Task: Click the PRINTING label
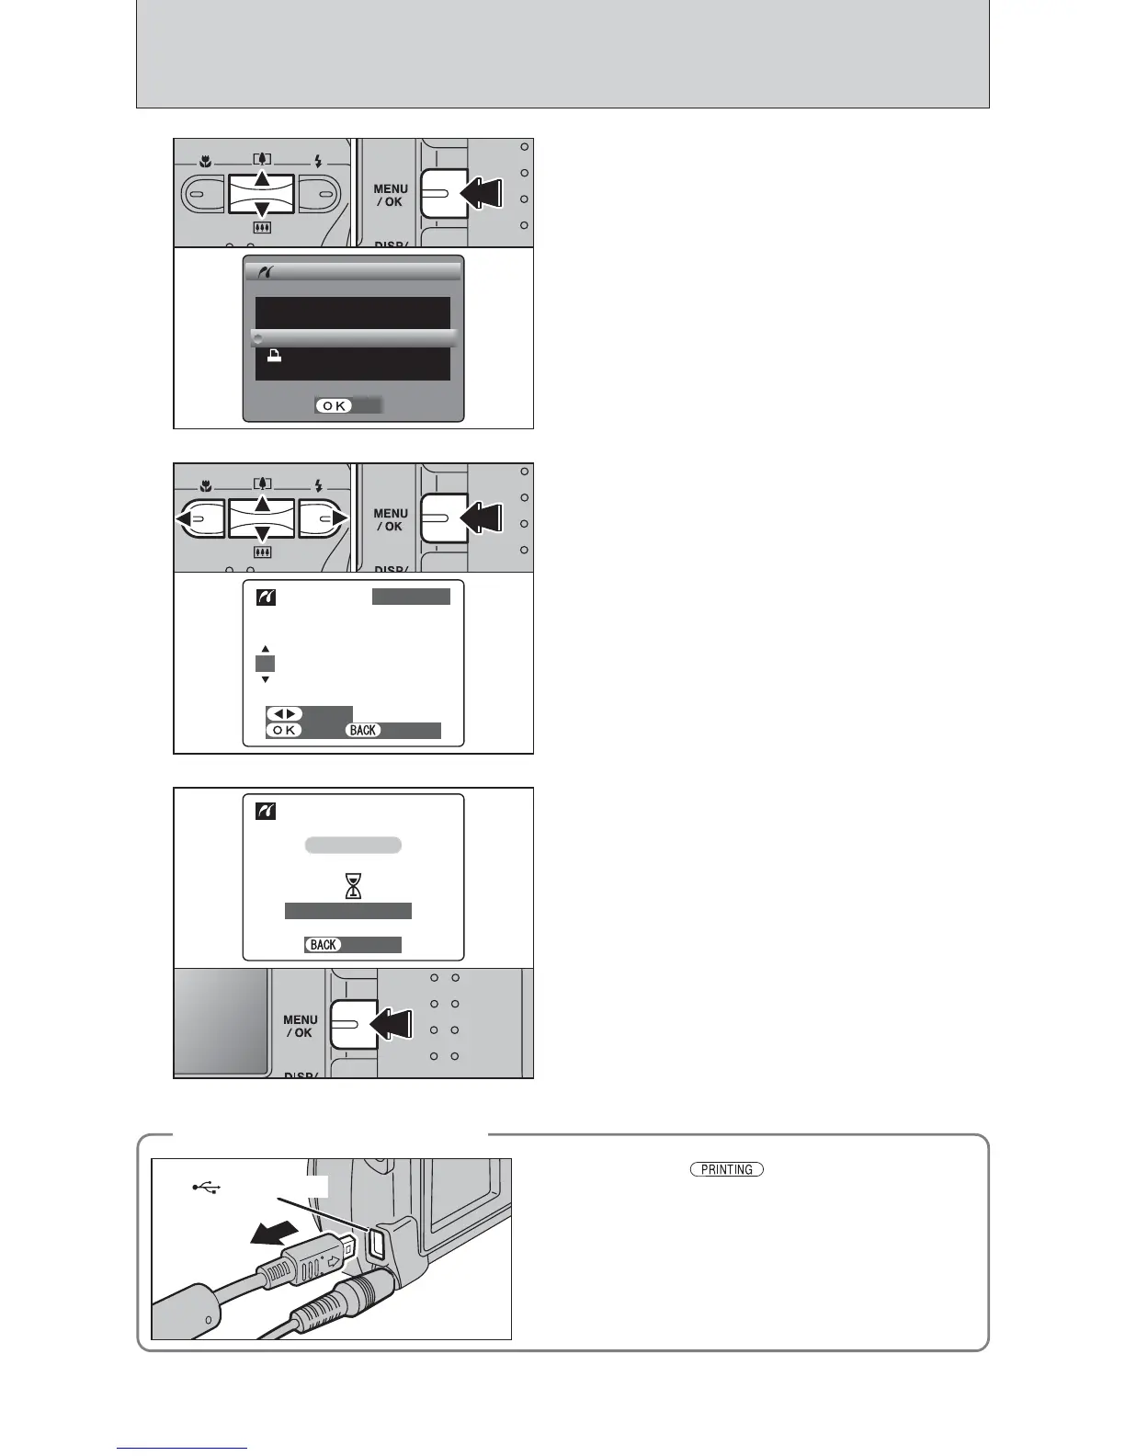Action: (x=726, y=1169)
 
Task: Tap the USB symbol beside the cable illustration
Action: (x=207, y=1188)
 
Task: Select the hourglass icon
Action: (x=353, y=885)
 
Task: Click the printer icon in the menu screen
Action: (x=273, y=357)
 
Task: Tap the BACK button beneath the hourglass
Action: (x=324, y=945)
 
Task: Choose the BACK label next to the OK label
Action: (x=363, y=730)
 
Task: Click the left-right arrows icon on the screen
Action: (x=284, y=714)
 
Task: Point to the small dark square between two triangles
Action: (x=265, y=664)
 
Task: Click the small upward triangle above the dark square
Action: (x=265, y=649)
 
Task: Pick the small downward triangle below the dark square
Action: (x=265, y=679)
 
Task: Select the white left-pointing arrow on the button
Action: (x=187, y=519)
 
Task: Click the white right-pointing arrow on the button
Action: (x=339, y=519)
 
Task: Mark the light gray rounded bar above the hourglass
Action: (x=353, y=846)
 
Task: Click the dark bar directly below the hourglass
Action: (x=347, y=911)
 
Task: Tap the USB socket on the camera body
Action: (x=376, y=1244)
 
